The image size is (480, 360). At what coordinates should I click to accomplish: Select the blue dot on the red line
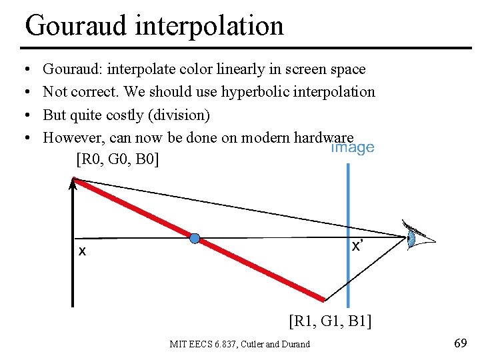pos(194,238)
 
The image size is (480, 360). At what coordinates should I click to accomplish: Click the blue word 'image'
pos(353,148)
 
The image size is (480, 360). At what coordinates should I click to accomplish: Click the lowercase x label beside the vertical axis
pos(82,251)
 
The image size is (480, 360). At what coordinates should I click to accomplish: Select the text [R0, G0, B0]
pos(117,160)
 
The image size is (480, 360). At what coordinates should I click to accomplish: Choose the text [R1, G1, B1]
pos(330,323)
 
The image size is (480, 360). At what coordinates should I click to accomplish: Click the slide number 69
pos(459,343)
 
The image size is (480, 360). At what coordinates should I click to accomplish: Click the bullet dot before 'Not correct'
pos(25,92)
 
